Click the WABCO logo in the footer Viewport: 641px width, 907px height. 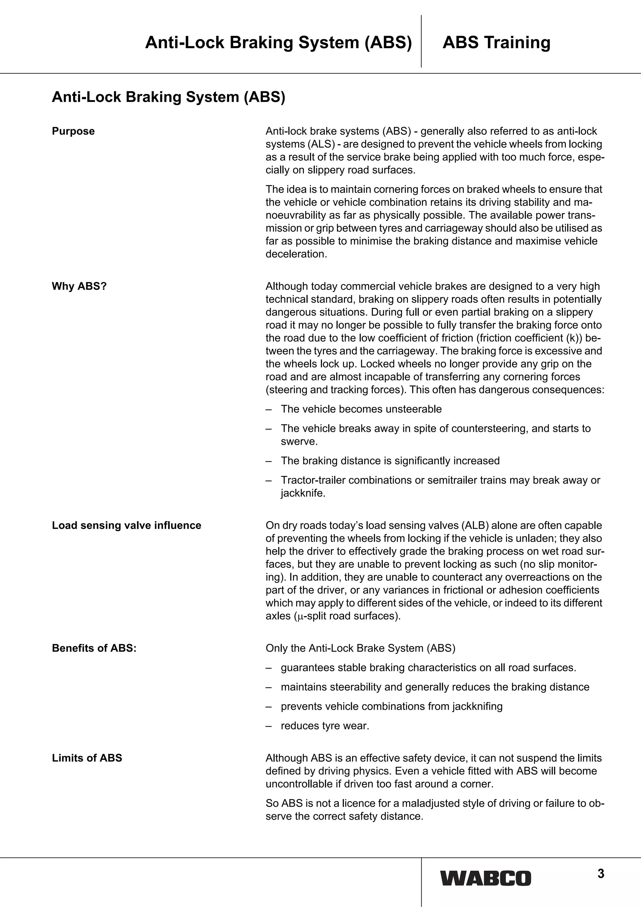(486, 878)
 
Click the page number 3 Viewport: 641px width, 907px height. (601, 874)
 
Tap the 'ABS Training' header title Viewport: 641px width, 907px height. (496, 42)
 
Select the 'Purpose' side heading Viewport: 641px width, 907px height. (73, 131)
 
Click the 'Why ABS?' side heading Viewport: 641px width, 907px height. (79, 286)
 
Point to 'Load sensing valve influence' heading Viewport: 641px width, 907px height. (126, 525)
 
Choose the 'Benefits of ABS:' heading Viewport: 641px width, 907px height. (94, 648)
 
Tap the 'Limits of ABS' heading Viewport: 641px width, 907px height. (87, 758)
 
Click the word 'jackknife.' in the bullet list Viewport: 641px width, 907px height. (303, 493)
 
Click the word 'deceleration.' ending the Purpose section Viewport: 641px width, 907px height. (296, 254)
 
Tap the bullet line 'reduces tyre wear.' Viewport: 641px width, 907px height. (325, 726)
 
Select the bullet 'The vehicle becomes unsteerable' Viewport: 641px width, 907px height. (361, 409)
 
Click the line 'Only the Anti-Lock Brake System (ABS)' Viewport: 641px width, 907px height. (360, 648)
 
